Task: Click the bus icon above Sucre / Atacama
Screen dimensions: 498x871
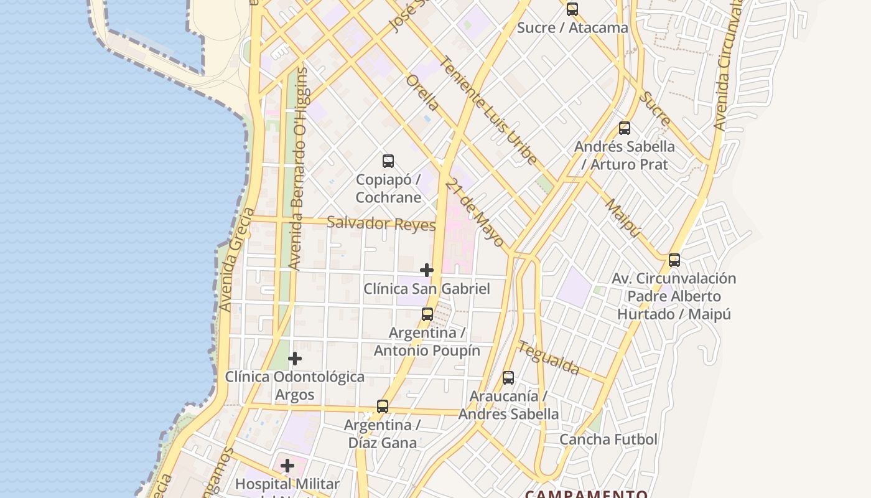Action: pos(572,9)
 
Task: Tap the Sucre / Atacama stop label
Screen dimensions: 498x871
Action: pos(572,28)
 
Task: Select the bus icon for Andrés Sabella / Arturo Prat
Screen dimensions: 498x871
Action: pos(625,128)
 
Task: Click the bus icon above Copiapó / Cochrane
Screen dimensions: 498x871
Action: pos(388,161)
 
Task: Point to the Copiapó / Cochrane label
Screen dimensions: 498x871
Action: pos(388,188)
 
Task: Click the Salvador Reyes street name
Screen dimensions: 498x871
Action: pos(381,223)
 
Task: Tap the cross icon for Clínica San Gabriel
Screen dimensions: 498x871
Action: pos(427,270)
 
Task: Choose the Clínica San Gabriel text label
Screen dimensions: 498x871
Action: pos(427,289)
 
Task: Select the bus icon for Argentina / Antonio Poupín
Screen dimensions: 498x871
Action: pos(427,314)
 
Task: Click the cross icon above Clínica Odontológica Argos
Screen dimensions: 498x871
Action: pos(295,359)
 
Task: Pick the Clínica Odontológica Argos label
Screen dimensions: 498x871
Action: pos(295,385)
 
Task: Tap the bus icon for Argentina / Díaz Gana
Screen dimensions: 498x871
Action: pos(383,406)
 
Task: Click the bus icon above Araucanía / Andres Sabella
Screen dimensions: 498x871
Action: pos(508,377)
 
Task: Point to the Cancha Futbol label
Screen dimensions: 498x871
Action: pos(608,439)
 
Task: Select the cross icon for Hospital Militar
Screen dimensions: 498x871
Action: pos(287,466)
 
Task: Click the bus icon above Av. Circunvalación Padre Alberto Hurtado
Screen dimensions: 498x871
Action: pos(674,260)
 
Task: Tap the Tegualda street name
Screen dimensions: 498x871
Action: pos(549,359)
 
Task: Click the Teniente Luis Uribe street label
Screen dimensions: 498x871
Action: pos(488,111)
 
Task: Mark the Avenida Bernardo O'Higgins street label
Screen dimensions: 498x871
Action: pos(299,168)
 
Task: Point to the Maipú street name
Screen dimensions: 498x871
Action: pos(622,218)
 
